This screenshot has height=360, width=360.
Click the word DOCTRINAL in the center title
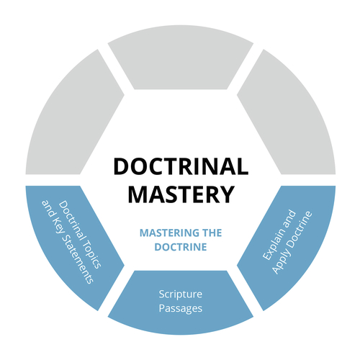click(180, 167)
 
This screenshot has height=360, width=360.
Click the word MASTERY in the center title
click(180, 194)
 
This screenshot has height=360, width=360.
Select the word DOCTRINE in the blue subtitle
click(180, 247)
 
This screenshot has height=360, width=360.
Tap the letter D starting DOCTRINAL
click(120, 167)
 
